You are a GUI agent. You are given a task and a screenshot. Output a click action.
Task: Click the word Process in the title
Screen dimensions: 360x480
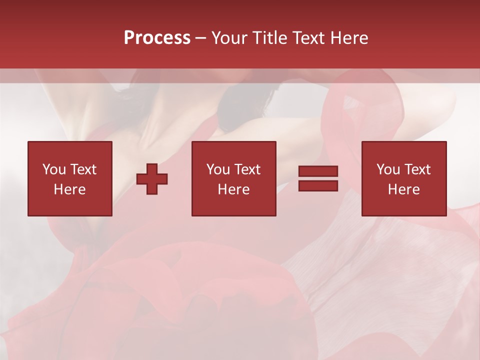(x=157, y=38)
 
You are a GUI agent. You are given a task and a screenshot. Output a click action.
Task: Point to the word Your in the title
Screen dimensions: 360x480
(x=228, y=38)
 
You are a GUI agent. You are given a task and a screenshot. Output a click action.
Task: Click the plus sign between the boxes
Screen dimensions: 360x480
(x=152, y=179)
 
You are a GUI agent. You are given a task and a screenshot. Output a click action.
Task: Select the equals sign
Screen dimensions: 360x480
(x=318, y=178)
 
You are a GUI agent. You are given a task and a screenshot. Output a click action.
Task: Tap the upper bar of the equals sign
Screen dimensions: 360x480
(x=318, y=171)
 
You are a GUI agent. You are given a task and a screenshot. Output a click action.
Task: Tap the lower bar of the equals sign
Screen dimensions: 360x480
(x=318, y=185)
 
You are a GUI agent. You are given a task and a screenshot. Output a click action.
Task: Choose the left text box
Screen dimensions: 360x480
(x=69, y=178)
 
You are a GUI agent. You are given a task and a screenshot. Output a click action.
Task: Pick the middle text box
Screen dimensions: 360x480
(x=233, y=178)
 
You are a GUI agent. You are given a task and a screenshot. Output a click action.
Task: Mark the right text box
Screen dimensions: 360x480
(x=403, y=178)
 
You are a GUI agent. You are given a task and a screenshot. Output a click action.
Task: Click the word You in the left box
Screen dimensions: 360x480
(x=54, y=169)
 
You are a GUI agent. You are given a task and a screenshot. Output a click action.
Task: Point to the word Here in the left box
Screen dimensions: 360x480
(x=69, y=189)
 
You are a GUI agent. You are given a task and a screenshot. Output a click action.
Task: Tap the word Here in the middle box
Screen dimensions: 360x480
(x=233, y=189)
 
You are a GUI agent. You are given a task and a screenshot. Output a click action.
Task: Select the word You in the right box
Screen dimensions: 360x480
(x=388, y=169)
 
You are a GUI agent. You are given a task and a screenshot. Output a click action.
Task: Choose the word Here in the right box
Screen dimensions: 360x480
(x=403, y=189)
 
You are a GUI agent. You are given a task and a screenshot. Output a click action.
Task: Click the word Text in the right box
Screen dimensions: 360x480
(x=417, y=169)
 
